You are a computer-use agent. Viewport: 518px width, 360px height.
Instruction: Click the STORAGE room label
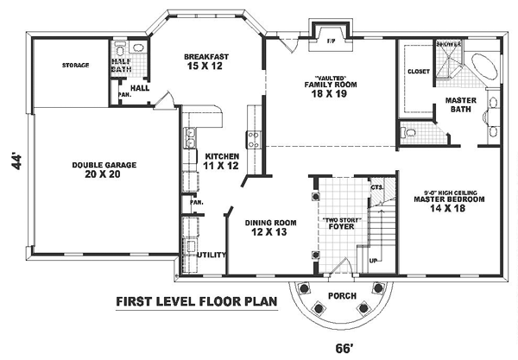point(75,65)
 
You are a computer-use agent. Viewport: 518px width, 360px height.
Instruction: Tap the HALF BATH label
point(120,67)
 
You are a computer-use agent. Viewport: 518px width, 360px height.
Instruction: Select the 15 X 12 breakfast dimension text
point(204,66)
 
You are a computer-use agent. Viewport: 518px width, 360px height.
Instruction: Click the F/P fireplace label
point(330,40)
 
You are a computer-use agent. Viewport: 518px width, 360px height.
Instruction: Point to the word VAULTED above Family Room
point(330,78)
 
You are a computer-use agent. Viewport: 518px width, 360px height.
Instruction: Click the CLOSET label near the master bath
point(419,72)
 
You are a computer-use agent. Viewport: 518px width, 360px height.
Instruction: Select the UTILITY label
point(211,256)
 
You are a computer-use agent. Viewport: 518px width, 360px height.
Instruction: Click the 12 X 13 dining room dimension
point(270,231)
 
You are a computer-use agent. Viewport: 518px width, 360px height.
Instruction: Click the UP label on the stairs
point(374,259)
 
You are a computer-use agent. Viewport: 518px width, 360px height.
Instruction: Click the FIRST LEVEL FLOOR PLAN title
point(190,302)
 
